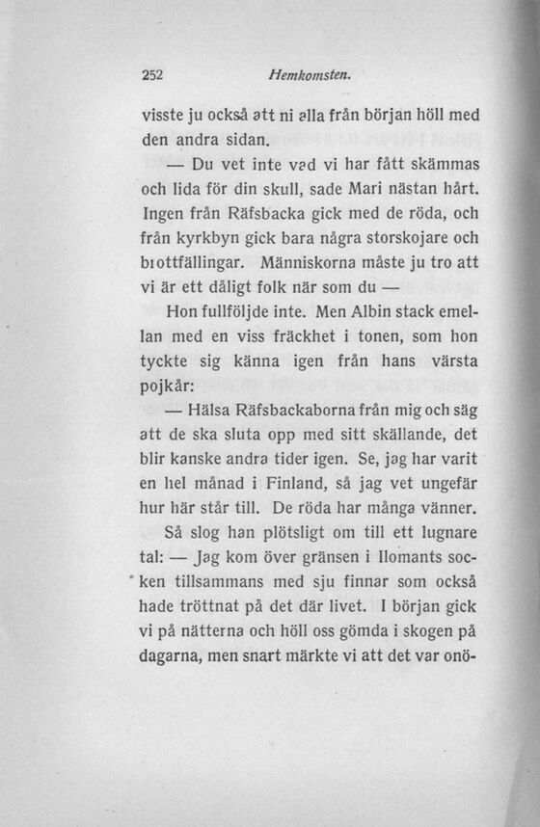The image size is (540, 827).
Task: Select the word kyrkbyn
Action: [x=205, y=236]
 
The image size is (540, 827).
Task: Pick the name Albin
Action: [x=380, y=313]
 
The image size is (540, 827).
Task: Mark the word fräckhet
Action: [x=292, y=339]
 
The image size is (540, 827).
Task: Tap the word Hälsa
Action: [x=223, y=417]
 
